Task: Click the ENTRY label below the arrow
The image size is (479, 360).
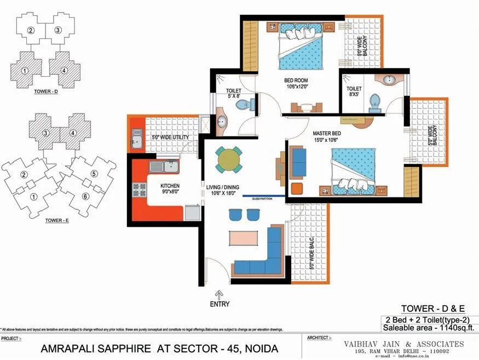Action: tap(219, 304)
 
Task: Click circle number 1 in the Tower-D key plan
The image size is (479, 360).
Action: tap(25, 70)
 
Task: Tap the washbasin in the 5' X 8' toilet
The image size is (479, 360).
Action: tap(221, 121)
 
